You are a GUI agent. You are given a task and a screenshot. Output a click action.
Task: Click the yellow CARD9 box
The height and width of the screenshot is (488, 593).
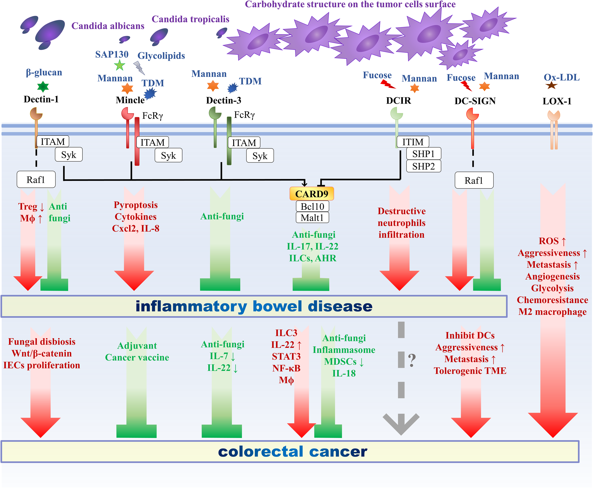[311, 194]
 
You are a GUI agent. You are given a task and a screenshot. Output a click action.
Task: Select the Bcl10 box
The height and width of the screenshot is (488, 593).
[312, 206]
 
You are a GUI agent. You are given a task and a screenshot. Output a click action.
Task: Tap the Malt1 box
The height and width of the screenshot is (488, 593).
[312, 218]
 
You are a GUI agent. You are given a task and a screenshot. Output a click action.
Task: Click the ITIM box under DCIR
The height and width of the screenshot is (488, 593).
[413, 142]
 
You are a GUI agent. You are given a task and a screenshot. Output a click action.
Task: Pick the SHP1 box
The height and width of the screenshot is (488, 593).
[423, 154]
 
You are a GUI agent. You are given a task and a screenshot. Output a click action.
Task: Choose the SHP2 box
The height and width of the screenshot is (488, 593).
[423, 166]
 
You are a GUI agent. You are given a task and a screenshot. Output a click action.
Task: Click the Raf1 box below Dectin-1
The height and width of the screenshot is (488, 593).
[36, 179]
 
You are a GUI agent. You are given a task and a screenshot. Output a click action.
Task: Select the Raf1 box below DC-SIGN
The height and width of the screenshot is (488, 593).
[474, 180]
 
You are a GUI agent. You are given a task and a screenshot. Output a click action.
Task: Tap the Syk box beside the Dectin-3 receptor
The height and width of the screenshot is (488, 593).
[260, 156]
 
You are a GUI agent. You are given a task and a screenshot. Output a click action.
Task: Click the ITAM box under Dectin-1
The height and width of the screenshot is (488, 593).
[53, 141]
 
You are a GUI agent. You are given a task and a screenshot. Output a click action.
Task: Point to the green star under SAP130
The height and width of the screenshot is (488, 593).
[120, 65]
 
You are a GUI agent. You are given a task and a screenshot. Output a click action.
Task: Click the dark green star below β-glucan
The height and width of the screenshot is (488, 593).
[43, 87]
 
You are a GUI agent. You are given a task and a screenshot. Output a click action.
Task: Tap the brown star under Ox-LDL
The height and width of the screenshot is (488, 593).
[551, 85]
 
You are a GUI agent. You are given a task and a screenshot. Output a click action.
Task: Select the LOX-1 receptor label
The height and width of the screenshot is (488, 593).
[557, 101]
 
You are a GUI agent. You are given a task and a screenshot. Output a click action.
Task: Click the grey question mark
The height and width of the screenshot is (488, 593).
[412, 360]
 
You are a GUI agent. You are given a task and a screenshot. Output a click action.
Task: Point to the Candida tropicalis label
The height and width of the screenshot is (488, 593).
[190, 19]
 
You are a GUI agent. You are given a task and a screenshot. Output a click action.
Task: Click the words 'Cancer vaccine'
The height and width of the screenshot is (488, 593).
[137, 357]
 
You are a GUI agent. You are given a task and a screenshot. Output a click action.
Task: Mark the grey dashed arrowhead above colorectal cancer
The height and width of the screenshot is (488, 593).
[401, 423]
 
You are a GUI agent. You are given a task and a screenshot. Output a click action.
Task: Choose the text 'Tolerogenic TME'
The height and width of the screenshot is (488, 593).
[470, 371]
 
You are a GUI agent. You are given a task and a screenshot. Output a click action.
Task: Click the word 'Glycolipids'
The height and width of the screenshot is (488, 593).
[161, 56]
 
